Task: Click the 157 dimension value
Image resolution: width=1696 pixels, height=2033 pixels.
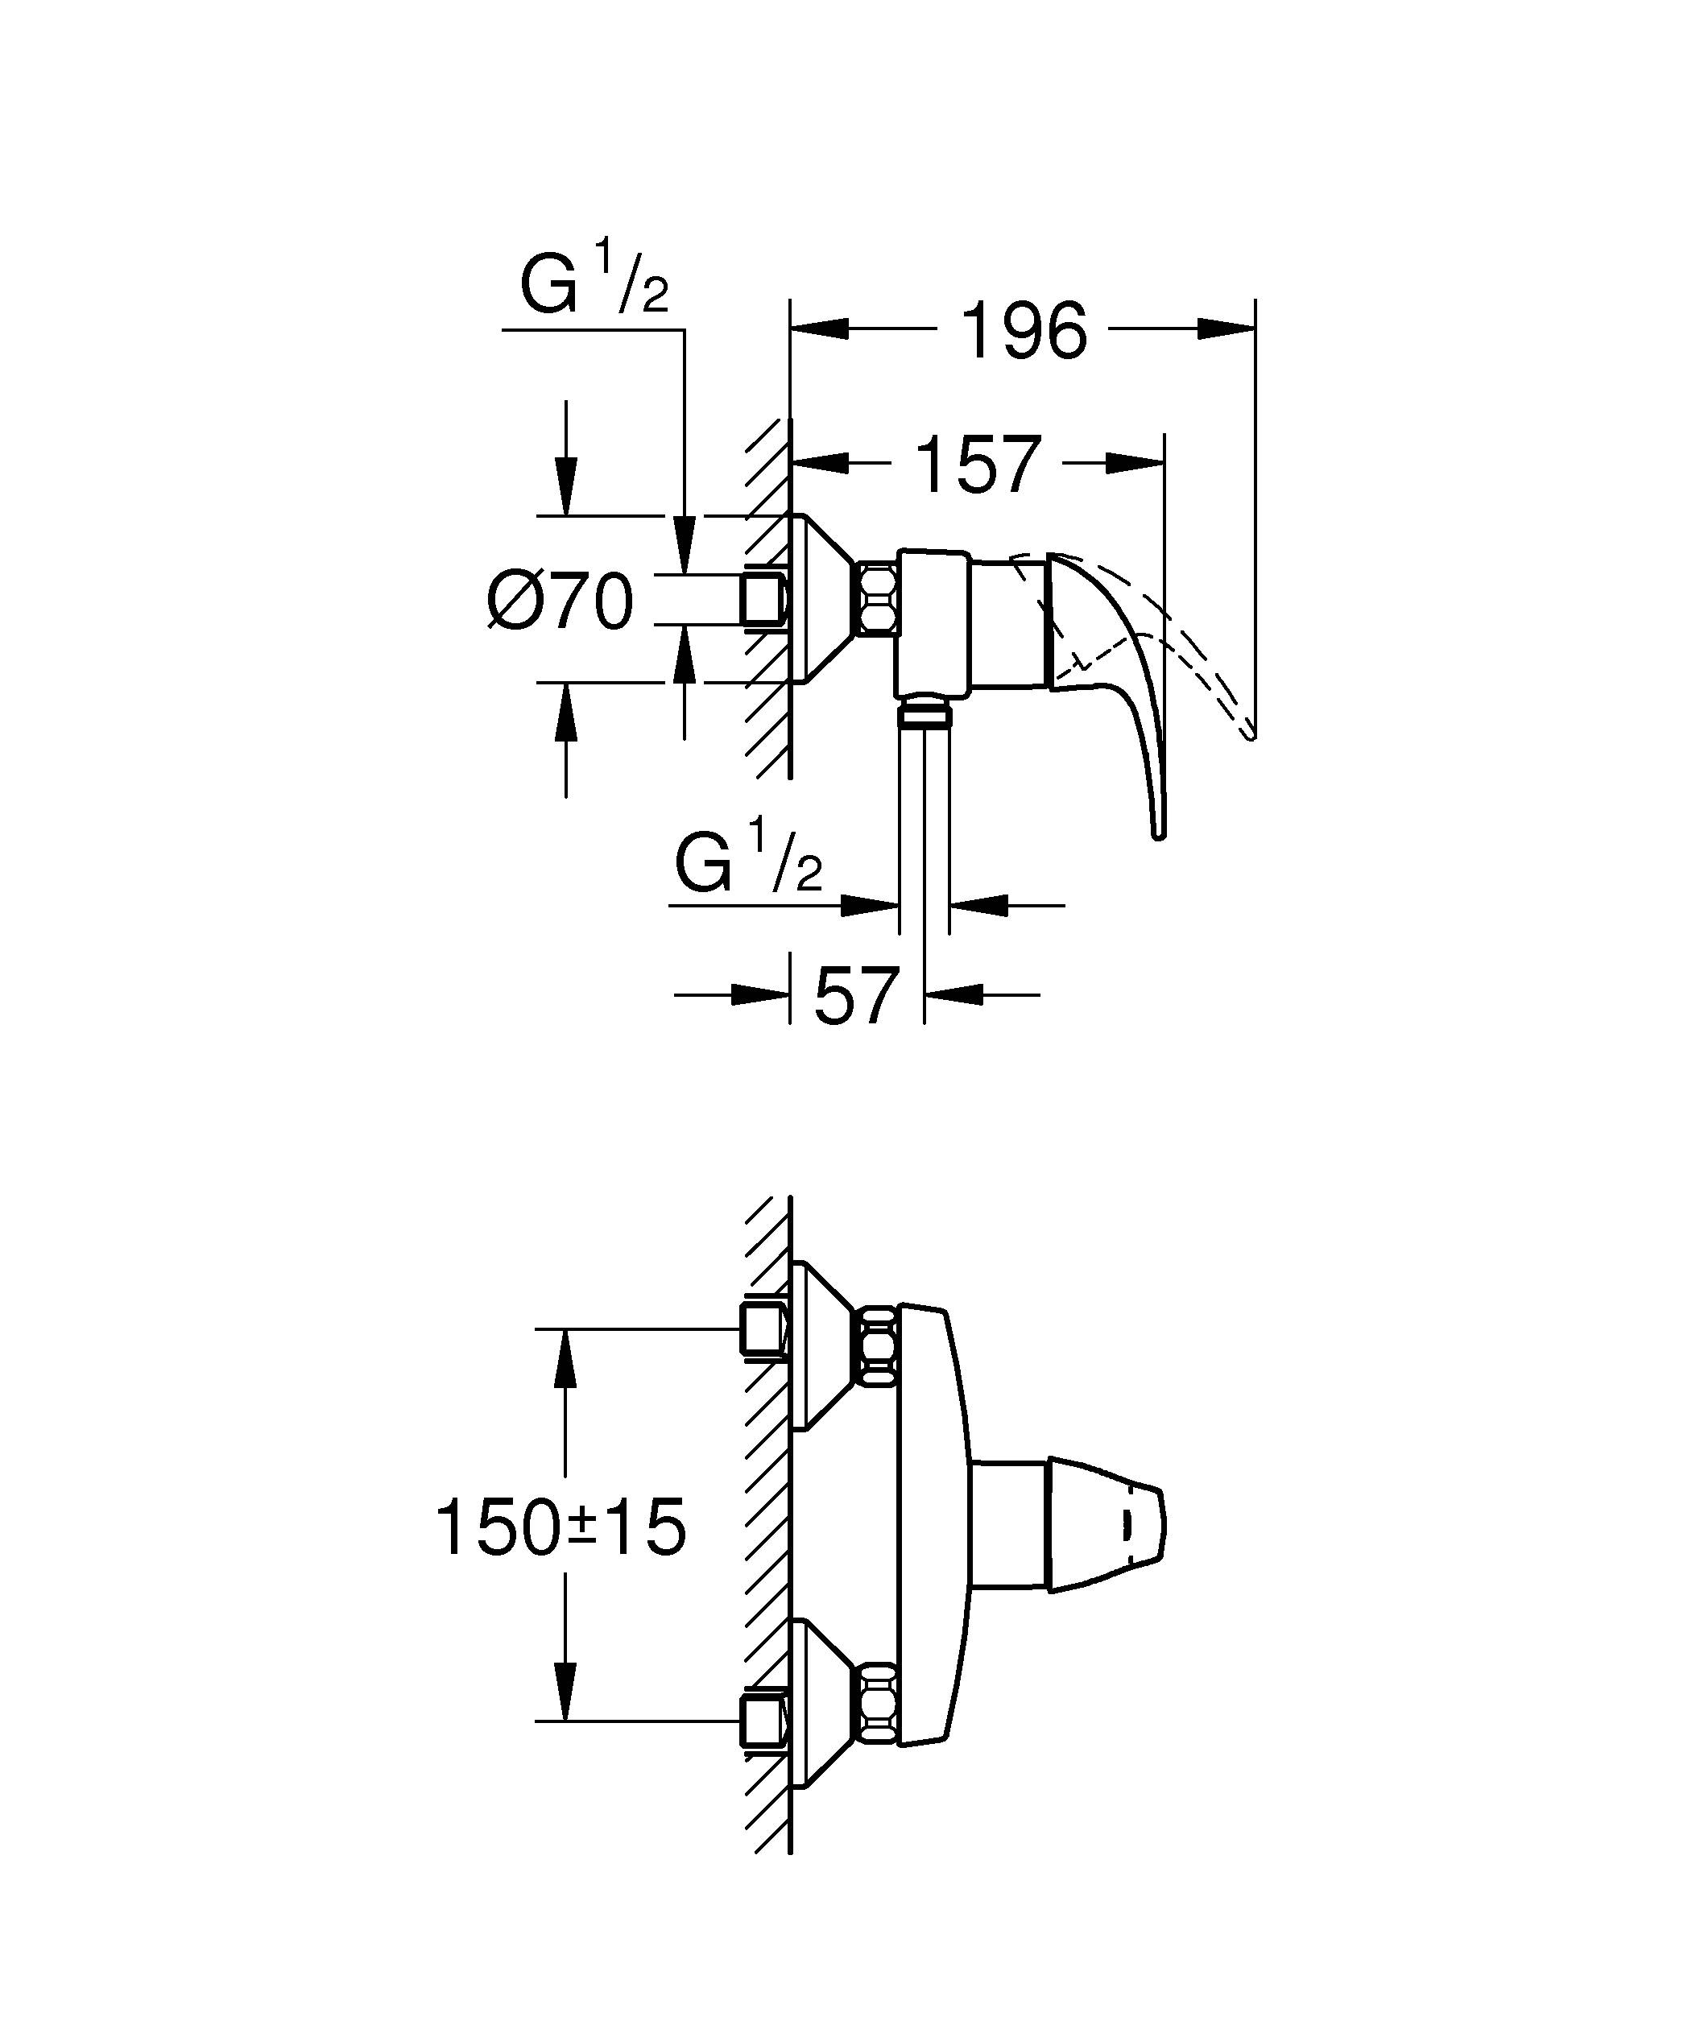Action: [978, 465]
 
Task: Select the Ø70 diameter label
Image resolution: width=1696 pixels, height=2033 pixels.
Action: [561, 601]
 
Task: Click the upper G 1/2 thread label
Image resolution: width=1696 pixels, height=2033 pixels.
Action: [594, 282]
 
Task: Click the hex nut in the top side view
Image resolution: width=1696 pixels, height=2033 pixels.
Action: [877, 600]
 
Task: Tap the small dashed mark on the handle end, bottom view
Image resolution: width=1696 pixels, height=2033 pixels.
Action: [1126, 1527]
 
